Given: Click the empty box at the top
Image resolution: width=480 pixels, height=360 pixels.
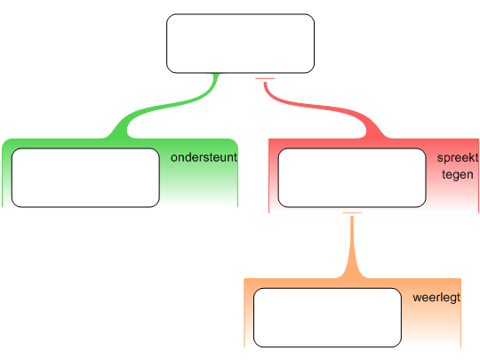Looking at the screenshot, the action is pos(240,44).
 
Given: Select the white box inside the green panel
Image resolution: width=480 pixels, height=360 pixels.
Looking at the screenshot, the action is pos(85,178).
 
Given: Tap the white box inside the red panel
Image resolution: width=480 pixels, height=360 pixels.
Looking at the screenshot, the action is pos(352,178).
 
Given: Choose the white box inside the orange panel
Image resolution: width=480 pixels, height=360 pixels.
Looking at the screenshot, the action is pos(327,317).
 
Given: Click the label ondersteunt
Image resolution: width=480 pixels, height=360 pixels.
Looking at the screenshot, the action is pos(204,157).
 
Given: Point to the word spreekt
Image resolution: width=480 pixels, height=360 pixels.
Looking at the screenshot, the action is pos(458,158).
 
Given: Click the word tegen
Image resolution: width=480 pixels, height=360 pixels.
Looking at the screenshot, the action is pos(458,174).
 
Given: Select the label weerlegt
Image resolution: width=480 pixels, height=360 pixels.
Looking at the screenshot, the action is pos(436,298).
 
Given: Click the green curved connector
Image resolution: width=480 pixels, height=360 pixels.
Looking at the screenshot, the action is pos(167,106).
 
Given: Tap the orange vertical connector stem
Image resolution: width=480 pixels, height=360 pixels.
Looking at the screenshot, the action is pos(352,245).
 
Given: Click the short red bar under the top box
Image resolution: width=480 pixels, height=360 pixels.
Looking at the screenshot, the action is pos(265,79).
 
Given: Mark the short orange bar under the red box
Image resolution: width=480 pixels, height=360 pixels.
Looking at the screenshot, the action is pos(352,212).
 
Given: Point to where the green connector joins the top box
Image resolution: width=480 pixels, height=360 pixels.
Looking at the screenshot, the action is pos(217,74).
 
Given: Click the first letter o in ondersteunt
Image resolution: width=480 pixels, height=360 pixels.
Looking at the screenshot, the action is pos(174,158).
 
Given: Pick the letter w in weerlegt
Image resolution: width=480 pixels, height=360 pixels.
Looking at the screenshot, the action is pos(417,298).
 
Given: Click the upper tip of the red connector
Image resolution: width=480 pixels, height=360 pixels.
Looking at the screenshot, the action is pos(265,83).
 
